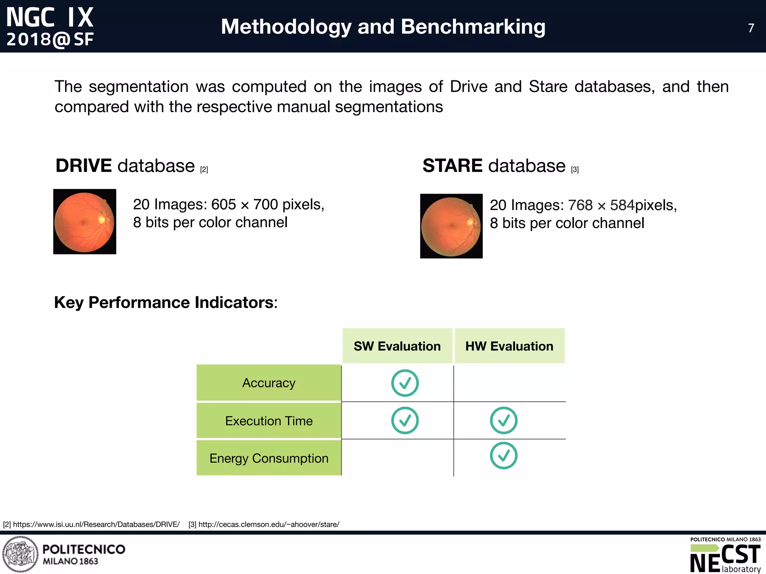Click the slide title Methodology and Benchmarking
383,27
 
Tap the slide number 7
751,28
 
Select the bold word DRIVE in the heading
83,166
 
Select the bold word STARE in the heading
452,166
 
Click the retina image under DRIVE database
85,222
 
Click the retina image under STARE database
451,226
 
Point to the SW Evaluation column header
397,346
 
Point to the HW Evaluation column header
509,346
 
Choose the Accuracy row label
269,383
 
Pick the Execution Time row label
269,421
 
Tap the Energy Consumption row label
269,458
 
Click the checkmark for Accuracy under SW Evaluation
405,383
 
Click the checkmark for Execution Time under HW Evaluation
503,420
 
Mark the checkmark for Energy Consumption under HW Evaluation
503,456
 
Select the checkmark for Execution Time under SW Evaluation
405,420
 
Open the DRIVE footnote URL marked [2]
96,524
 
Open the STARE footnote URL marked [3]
269,524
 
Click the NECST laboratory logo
725,556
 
